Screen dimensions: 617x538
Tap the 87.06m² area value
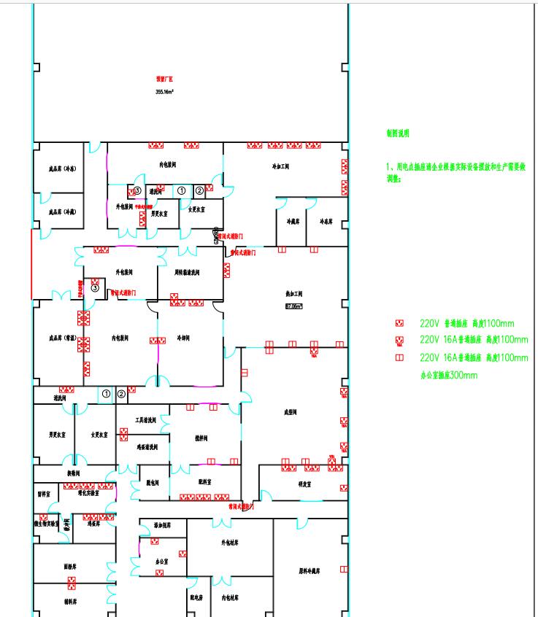pyautogui.click(x=294, y=306)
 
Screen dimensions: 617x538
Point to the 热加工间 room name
pyautogui.click(x=294, y=295)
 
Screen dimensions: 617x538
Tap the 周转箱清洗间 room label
pyautogui.click(x=188, y=273)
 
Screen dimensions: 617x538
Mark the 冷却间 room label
pyautogui.click(x=188, y=339)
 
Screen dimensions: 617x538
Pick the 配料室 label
pyautogui.click(x=204, y=482)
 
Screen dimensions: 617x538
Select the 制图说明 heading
pyautogui.click(x=398, y=133)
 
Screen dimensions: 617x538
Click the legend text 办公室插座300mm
pyautogui.click(x=448, y=376)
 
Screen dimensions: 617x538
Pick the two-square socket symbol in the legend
pyautogui.click(x=399, y=358)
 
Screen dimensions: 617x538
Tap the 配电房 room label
pyautogui.click(x=196, y=597)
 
